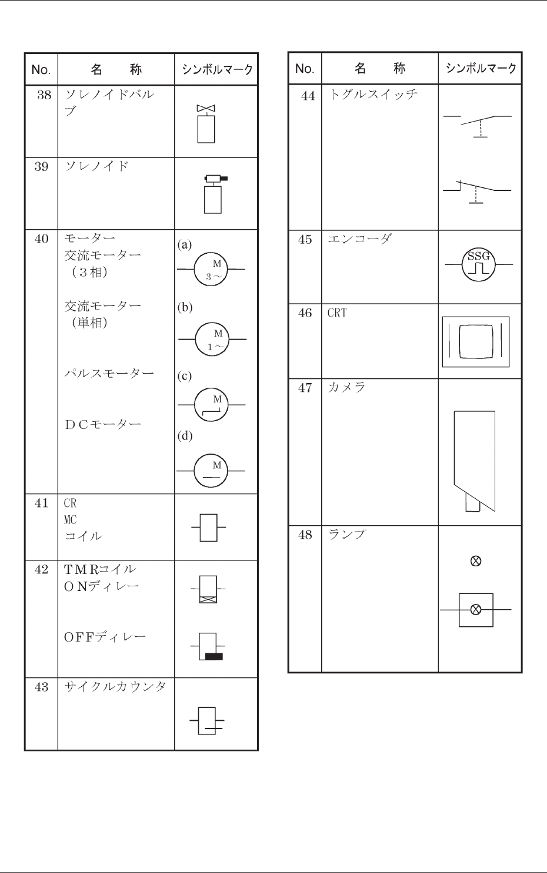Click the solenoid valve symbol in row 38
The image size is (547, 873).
[206, 124]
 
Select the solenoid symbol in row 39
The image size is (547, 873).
[213, 194]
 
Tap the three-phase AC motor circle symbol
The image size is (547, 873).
[211, 269]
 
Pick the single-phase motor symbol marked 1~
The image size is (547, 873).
[212, 340]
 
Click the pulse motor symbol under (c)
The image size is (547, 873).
[212, 405]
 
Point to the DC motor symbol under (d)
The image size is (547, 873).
[211, 471]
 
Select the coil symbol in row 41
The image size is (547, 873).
[209, 527]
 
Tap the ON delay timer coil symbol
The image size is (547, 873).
[208, 589]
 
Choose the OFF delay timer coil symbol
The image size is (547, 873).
[209, 647]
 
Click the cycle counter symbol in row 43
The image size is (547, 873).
[207, 721]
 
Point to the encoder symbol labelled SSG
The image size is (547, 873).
[478, 264]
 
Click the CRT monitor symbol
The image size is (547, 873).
[475, 341]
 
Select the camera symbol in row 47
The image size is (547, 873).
[475, 461]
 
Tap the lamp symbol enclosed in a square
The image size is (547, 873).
[476, 610]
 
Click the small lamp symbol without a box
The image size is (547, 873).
[476, 561]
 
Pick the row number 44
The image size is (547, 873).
[308, 96]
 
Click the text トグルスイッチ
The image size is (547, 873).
[373, 94]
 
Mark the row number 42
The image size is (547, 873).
[41, 569]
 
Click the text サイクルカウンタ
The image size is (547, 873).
[115, 687]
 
